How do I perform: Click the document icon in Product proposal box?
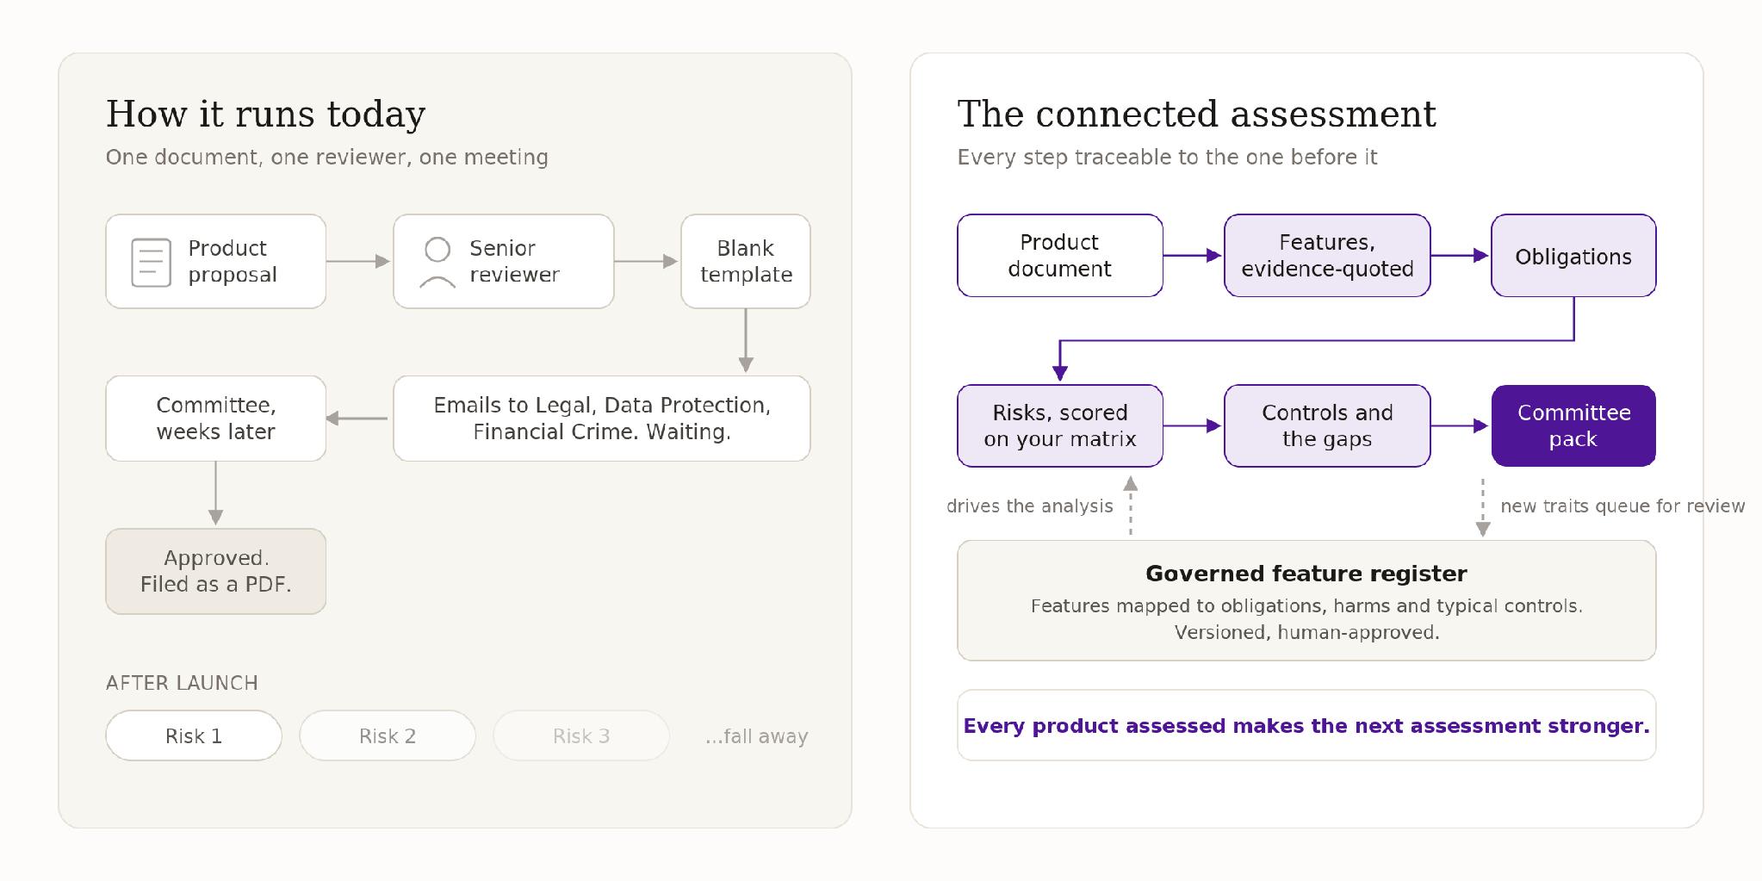point(151,262)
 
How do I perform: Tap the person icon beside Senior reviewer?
point(437,262)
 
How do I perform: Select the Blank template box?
point(746,261)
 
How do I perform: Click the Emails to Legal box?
point(602,419)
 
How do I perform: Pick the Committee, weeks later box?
point(216,419)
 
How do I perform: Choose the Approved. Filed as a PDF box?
point(216,571)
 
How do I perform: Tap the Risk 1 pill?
point(194,735)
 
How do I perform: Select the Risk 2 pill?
point(388,735)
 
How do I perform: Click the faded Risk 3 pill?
point(581,735)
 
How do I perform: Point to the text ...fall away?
point(756,736)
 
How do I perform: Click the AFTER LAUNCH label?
point(182,683)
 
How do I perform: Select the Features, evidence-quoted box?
point(1327,256)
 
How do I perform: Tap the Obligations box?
point(1573,256)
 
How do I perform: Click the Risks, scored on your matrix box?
point(1060,425)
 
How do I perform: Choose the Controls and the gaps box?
point(1327,425)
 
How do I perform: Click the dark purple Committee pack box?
point(1573,425)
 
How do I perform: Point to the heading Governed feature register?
point(1306,574)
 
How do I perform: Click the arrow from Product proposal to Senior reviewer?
point(358,261)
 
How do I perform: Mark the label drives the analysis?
point(1030,506)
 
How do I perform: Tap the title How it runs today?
point(266,115)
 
